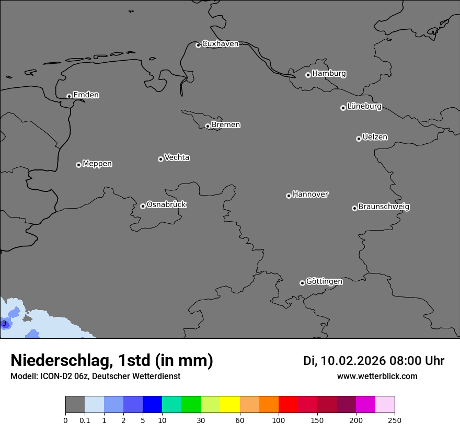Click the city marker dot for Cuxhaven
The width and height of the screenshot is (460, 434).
(198, 45)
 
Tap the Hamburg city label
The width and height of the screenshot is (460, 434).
(329, 74)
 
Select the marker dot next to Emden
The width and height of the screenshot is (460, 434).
(69, 96)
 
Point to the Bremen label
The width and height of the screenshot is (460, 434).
(226, 125)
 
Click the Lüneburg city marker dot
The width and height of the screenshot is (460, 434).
(343, 108)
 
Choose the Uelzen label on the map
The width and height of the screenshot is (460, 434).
(375, 137)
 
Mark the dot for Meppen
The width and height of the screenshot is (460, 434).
(78, 165)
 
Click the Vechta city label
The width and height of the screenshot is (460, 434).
(177, 157)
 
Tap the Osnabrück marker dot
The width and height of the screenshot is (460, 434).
(143, 206)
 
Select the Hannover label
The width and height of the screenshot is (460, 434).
(310, 195)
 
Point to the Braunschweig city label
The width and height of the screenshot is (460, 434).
(384, 207)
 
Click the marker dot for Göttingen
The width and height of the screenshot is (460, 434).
(302, 283)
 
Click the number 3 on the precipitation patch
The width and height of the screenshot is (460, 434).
(4, 324)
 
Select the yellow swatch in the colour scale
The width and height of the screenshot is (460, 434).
(230, 405)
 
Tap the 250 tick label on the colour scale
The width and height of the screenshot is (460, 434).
(395, 420)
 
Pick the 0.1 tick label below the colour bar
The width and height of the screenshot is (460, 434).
(85, 420)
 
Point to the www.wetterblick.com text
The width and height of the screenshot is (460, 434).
(377, 376)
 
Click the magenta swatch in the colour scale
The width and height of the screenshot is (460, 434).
(365, 405)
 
